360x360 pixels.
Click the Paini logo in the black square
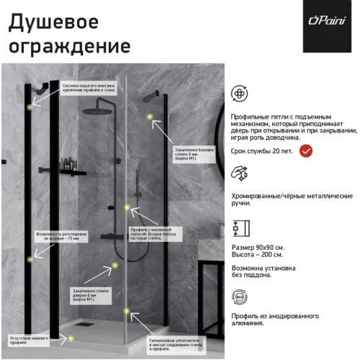(326, 27)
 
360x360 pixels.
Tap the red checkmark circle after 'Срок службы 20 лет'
(306, 150)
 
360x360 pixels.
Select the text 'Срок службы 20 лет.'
(263, 150)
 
